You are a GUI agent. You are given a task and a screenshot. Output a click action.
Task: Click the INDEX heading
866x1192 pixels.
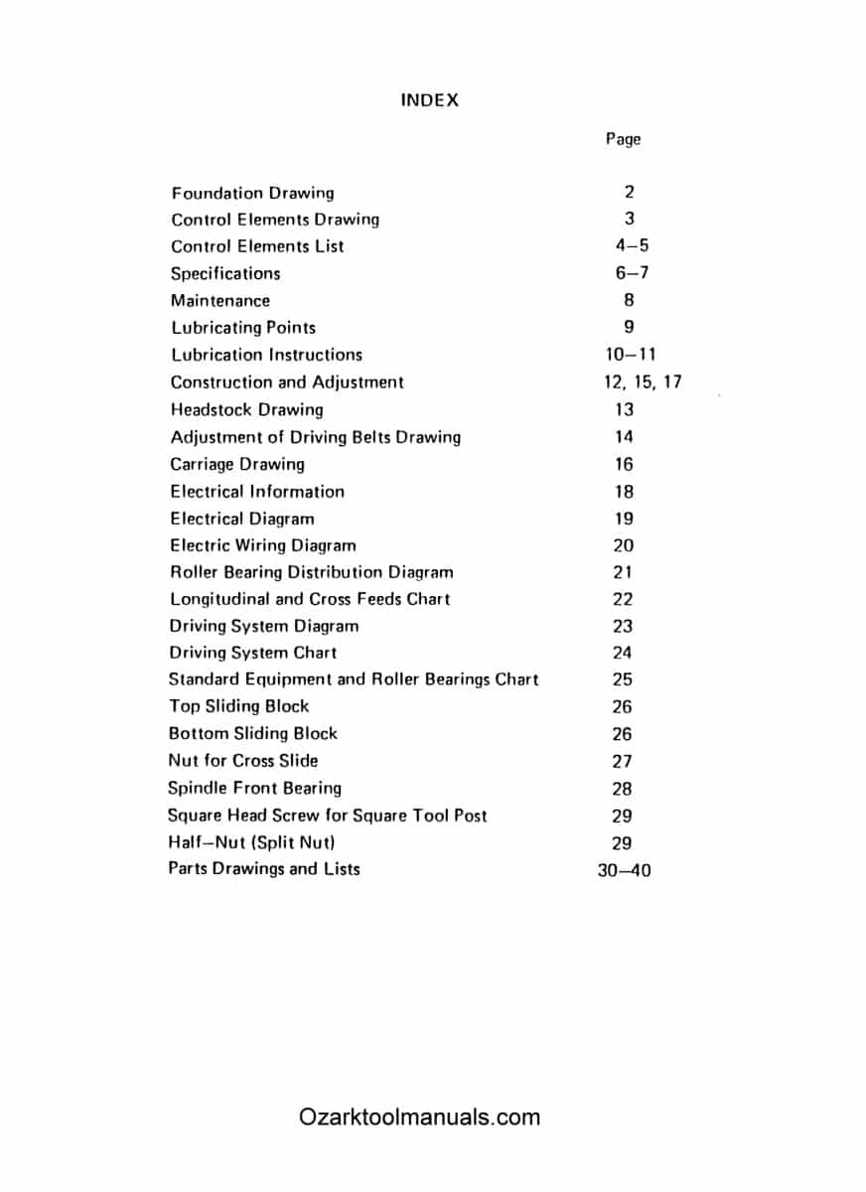pyautogui.click(x=429, y=100)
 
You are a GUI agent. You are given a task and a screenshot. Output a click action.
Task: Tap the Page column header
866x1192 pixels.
pyautogui.click(x=623, y=139)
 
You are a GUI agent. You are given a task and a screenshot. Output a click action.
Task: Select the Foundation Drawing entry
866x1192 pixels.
pyautogui.click(x=252, y=193)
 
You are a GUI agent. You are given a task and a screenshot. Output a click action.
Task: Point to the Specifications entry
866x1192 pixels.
pyautogui.click(x=225, y=273)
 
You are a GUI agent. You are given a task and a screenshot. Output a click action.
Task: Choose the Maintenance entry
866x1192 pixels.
pyautogui.click(x=219, y=300)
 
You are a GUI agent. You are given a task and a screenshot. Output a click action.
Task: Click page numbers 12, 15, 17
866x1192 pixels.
pyautogui.click(x=637, y=381)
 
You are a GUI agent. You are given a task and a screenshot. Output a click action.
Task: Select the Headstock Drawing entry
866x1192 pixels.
pyautogui.click(x=246, y=409)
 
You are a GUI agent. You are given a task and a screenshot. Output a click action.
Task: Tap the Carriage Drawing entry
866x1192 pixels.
pyautogui.click(x=237, y=464)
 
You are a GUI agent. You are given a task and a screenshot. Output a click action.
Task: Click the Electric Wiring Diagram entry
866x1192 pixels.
pyautogui.click(x=262, y=545)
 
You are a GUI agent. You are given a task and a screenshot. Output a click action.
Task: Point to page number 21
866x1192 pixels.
pyautogui.click(x=623, y=572)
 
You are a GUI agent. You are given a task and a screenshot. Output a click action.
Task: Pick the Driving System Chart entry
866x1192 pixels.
pyautogui.click(x=252, y=653)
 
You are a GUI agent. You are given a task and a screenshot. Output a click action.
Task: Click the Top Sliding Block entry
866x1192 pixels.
pyautogui.click(x=238, y=706)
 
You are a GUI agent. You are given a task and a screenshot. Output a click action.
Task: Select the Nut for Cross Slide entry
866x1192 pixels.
pyautogui.click(x=243, y=761)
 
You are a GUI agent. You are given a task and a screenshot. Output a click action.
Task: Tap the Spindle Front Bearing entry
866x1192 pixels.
pyautogui.click(x=254, y=788)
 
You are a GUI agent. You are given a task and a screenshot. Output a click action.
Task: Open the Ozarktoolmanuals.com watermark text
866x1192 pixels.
pyautogui.click(x=419, y=1117)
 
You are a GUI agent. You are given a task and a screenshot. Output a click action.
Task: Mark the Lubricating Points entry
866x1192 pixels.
pyautogui.click(x=243, y=327)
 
